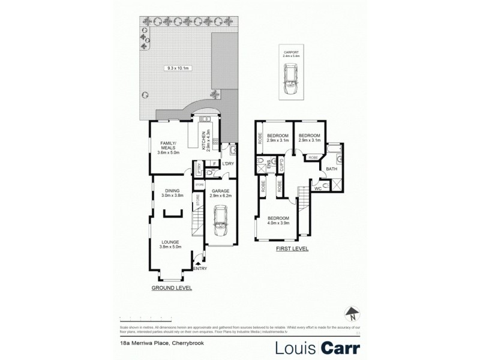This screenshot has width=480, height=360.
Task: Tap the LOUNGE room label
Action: click(x=169, y=242)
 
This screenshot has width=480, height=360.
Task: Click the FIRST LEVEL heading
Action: click(x=293, y=248)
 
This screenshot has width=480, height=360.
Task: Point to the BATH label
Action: click(x=331, y=169)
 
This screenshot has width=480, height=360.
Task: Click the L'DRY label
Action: click(x=227, y=164)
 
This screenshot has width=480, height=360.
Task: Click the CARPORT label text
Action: click(x=292, y=53)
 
